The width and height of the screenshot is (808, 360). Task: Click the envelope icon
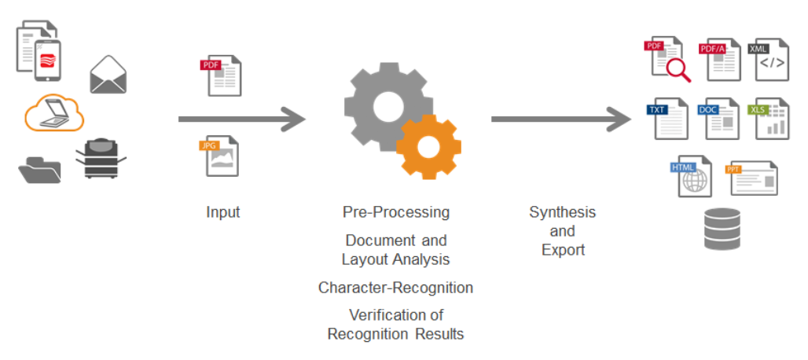click(108, 75)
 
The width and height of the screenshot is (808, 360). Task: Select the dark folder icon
click(39, 169)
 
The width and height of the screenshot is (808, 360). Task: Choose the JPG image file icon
click(219, 156)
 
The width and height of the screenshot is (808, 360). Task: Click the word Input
click(223, 212)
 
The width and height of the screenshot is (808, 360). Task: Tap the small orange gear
click(428, 146)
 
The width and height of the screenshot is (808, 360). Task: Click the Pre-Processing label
click(396, 212)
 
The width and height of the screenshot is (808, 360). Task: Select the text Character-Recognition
click(395, 288)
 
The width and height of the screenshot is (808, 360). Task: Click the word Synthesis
click(562, 212)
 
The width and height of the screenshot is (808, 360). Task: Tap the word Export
click(563, 250)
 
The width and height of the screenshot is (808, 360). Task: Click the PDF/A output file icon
click(722, 60)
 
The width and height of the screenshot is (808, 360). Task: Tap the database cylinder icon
click(722, 229)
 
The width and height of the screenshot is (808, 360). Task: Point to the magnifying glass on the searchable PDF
click(678, 71)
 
